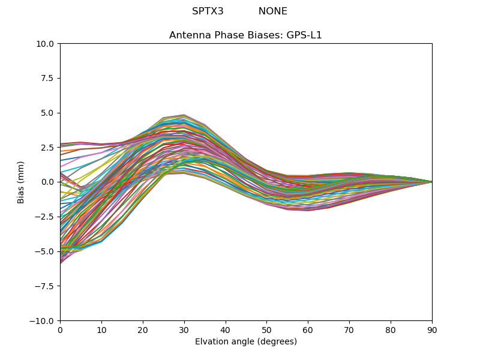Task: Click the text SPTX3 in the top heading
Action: [208, 11]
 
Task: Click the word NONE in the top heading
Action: [273, 11]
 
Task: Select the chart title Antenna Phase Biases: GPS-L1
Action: [245, 35]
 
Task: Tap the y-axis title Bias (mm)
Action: [22, 182]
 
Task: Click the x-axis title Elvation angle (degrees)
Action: [245, 341]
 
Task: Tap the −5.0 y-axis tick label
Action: [46, 251]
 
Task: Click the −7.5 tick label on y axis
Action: [46, 286]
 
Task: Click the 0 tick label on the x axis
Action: [60, 330]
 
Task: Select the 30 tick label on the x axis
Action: [184, 330]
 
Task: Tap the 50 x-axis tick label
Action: [266, 330]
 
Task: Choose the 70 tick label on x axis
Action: [349, 330]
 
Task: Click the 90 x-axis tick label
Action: [432, 330]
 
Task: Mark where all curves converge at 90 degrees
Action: [431, 182]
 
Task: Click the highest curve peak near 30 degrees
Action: [184, 115]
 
